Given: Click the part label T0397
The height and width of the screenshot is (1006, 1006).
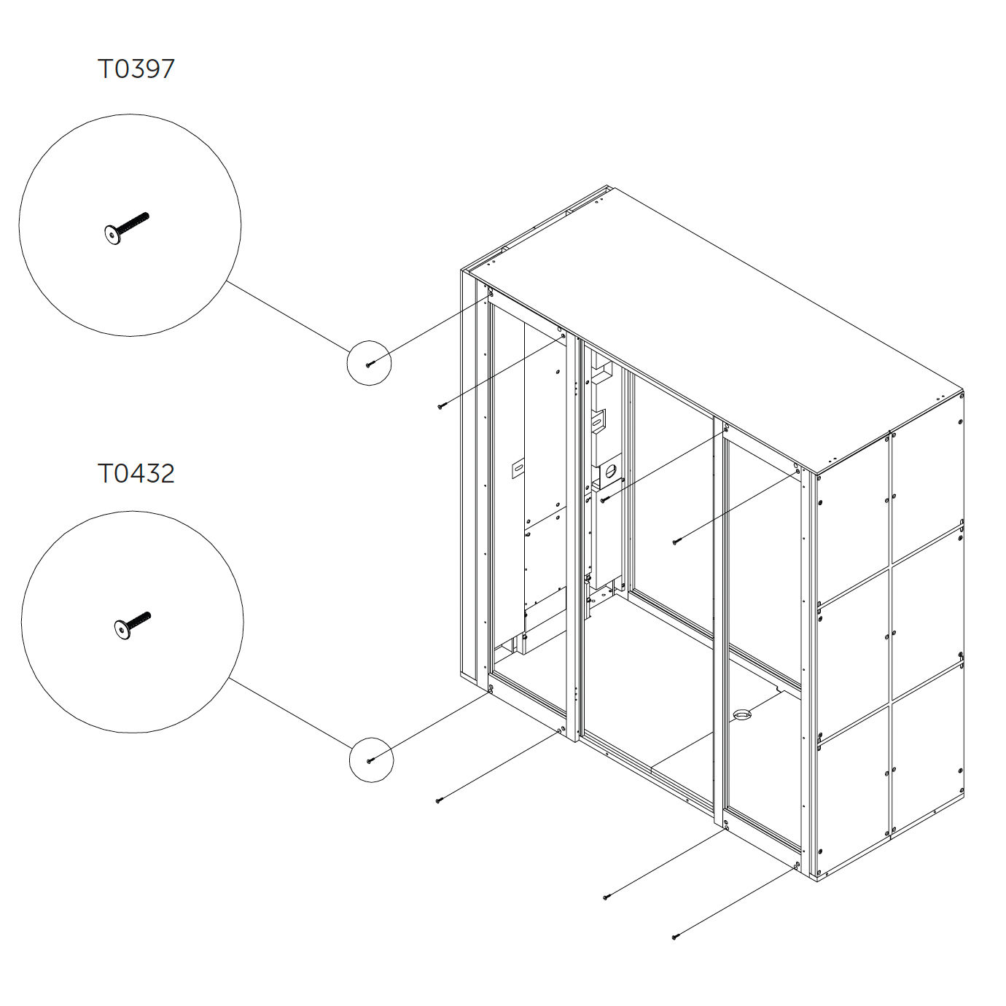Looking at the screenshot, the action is tap(136, 69).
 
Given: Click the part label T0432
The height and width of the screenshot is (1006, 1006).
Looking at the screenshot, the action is tap(136, 474).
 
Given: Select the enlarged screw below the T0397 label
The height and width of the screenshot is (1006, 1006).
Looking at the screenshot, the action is tap(126, 228).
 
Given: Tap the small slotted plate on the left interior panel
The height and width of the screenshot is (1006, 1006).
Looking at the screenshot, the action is tap(518, 467).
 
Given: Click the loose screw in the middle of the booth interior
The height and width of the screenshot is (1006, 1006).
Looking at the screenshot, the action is tap(675, 542).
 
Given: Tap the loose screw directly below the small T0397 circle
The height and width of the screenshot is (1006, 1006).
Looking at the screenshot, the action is tap(440, 406).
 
